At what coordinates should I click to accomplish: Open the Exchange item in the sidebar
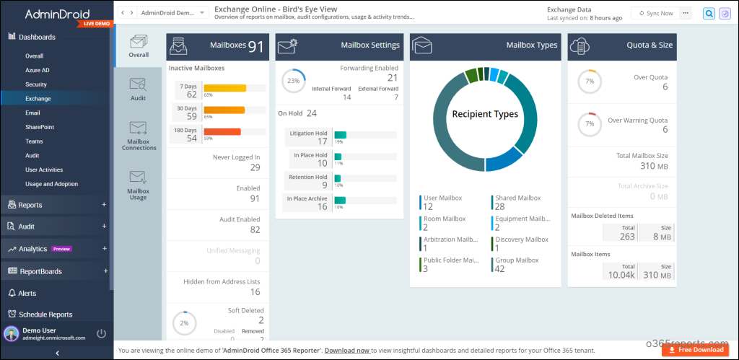tap(38, 98)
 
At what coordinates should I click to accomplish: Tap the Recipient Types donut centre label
tap(486, 114)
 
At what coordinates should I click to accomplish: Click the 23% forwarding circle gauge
tap(293, 81)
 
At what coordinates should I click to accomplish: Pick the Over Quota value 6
tap(665, 87)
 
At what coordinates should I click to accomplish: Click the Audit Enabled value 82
tap(255, 229)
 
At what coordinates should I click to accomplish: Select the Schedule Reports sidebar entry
tap(45, 315)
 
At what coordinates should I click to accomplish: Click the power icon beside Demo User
tap(101, 333)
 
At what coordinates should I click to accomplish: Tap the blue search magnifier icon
tap(709, 13)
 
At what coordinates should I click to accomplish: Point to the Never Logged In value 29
tap(255, 167)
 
